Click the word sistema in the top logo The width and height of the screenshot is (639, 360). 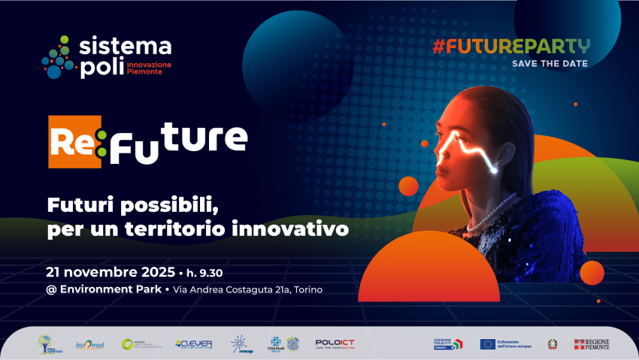pos(127,47)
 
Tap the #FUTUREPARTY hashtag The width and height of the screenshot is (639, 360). pos(510,45)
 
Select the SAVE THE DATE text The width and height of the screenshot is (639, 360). pos(550,64)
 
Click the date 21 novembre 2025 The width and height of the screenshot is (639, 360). pos(110,271)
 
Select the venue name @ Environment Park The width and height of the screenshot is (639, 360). pos(104,289)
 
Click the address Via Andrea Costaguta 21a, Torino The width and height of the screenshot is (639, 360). pos(248,290)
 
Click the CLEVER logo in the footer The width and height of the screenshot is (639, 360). pos(194,344)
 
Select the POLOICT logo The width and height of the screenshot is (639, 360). pos(335,343)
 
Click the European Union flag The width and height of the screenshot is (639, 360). pos(488,344)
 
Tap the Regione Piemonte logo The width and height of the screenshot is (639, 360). pos(592,343)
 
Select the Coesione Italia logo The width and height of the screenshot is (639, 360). pos(448,343)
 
